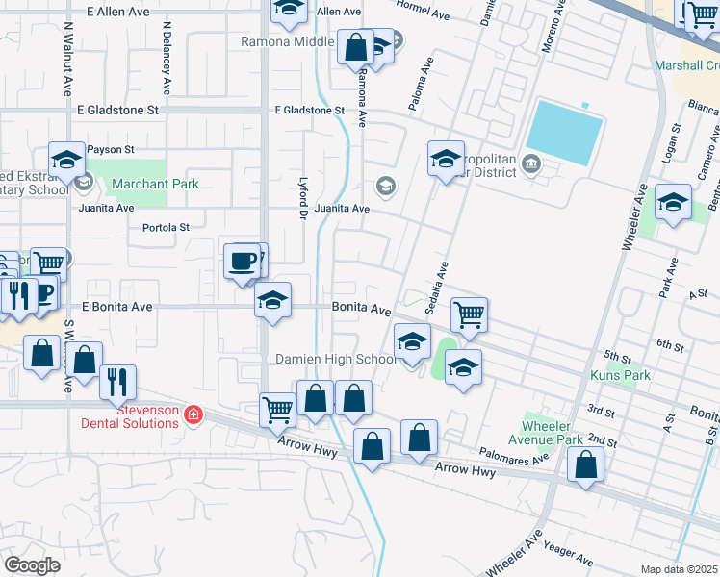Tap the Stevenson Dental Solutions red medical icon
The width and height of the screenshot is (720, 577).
click(x=193, y=414)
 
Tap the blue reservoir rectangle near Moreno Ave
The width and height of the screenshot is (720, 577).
click(x=565, y=133)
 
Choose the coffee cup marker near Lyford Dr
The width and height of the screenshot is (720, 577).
click(x=242, y=261)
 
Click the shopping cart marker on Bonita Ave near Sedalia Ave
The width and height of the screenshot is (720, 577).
click(x=469, y=314)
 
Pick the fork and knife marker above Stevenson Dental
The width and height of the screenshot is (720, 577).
click(x=117, y=382)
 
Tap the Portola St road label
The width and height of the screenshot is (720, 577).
click(x=167, y=228)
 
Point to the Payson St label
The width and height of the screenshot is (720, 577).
click(x=112, y=150)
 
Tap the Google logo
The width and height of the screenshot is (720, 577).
click(x=31, y=565)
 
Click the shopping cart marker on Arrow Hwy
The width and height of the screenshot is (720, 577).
click(x=278, y=410)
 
